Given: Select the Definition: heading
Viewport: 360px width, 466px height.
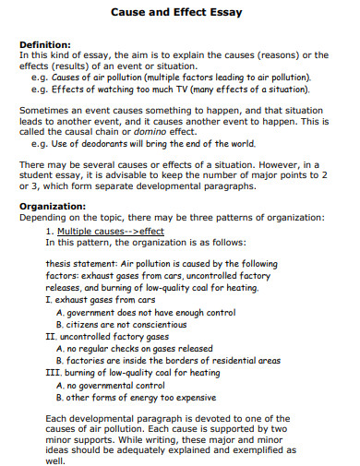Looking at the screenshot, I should (45, 44).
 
